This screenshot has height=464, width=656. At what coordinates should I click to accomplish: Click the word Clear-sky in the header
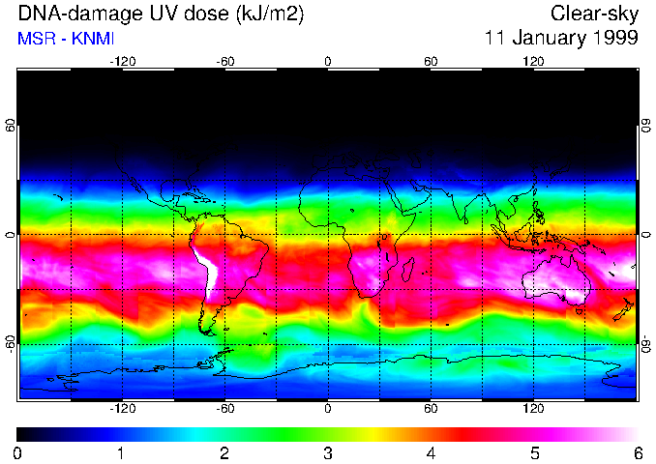594,14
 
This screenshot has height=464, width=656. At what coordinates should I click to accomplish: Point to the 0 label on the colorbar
17,452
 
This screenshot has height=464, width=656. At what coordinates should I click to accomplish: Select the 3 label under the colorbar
328,452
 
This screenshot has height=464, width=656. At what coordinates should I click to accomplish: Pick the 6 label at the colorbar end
637,452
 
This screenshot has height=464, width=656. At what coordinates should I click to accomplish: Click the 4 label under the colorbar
431,452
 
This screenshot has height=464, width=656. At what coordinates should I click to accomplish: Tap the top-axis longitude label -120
122,62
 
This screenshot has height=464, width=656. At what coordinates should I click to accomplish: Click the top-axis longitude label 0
328,62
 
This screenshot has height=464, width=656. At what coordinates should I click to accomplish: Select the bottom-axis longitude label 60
431,409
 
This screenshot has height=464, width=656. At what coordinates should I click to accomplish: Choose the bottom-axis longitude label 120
533,409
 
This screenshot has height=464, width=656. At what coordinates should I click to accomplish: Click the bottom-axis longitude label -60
224,409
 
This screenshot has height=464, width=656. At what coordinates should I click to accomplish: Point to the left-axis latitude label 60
11,126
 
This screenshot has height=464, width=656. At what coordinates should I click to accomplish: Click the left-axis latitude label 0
11,235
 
